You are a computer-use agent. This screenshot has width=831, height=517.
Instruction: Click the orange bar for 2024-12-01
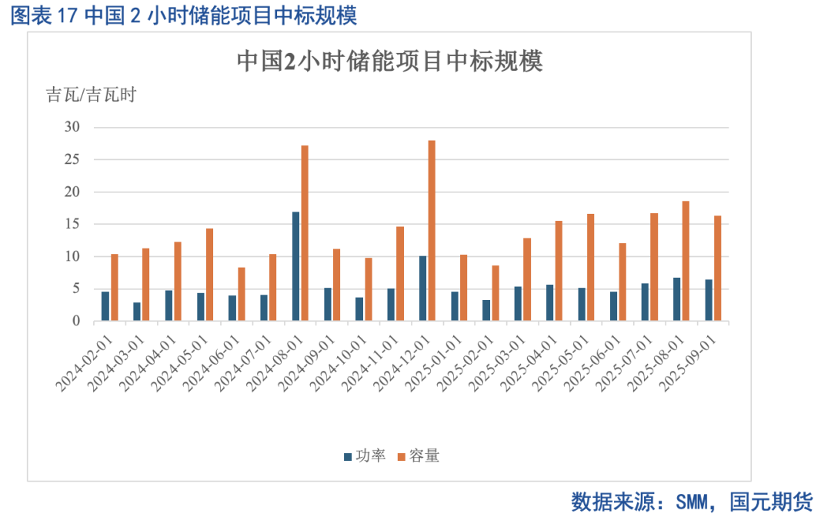(x=432, y=231)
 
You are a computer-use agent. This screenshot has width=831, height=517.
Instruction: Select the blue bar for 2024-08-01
(x=295, y=266)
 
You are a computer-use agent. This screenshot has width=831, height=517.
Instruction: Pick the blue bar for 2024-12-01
(x=422, y=289)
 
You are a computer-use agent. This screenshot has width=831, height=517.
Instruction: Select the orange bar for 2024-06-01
(x=242, y=294)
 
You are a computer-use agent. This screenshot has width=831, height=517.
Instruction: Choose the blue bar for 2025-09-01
(x=709, y=300)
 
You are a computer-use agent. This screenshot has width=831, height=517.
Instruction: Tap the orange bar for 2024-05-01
(x=209, y=275)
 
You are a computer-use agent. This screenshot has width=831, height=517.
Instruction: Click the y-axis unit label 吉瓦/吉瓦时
(x=91, y=95)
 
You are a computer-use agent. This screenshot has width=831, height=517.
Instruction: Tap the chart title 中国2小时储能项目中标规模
(x=389, y=62)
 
